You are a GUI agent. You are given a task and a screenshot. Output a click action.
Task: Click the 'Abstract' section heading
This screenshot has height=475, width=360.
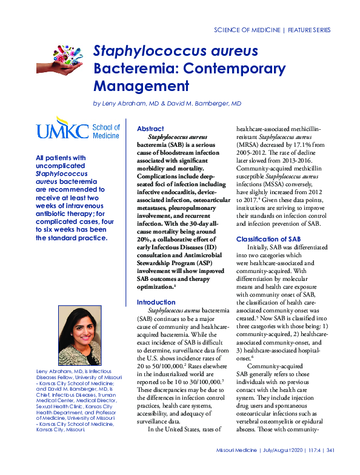point(150,129)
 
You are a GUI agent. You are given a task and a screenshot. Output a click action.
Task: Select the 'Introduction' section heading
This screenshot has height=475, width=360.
point(156,302)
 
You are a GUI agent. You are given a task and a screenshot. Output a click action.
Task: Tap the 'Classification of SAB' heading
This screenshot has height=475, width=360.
point(268,239)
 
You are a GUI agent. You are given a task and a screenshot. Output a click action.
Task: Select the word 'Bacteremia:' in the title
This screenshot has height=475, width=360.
point(129,67)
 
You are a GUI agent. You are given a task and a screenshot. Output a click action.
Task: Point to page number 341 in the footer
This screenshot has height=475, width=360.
point(331,467)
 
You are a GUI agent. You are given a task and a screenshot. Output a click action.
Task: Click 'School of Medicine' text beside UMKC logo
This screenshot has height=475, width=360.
point(106,132)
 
